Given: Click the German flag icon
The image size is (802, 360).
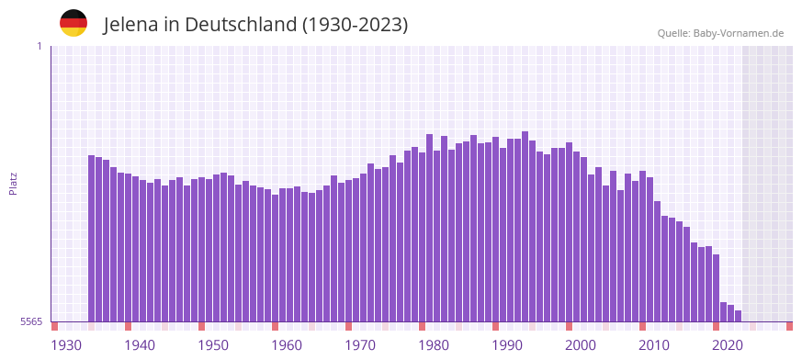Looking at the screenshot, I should click(x=73, y=23).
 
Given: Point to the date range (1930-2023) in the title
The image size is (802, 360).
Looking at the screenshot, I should click(x=355, y=25).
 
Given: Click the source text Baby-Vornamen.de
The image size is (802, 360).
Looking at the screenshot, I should click(x=739, y=34).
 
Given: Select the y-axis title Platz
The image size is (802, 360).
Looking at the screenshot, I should click(x=13, y=183).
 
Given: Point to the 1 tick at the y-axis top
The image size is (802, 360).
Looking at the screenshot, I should click(x=39, y=46).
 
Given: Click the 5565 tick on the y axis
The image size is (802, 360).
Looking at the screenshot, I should click(x=30, y=321).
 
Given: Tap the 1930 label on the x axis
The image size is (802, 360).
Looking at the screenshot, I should click(x=66, y=345).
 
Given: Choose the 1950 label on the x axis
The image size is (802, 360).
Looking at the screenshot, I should click(x=213, y=345).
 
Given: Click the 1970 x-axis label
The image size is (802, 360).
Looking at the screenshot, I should click(x=360, y=345).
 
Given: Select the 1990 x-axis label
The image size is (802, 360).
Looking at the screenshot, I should click(x=507, y=345).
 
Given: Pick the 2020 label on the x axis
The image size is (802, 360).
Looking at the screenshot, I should click(x=728, y=345).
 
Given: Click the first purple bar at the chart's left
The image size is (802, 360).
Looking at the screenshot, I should click(x=92, y=239).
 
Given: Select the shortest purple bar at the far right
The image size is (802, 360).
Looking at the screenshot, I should click(x=738, y=316).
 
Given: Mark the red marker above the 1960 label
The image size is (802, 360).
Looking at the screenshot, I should click(x=275, y=326).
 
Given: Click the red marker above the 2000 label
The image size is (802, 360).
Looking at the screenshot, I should click(x=569, y=326).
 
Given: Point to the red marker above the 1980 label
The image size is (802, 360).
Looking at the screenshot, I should click(x=422, y=326).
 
